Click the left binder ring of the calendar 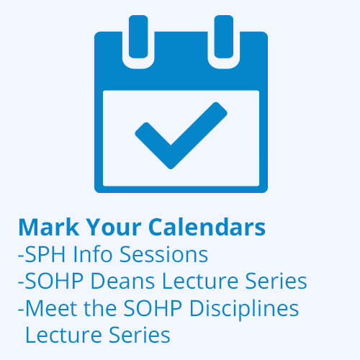tap(138, 37)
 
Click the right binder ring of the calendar tap(224, 37)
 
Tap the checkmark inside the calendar tap(181, 135)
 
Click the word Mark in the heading tap(49, 227)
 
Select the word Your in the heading tap(114, 228)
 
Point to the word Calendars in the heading tap(207, 227)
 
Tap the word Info tap(93, 254)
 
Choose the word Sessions tap(163, 254)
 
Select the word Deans tap(122, 281)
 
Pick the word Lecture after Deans tap(200, 281)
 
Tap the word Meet tap(51, 308)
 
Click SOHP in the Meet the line tap(153, 308)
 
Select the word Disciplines tap(244, 309)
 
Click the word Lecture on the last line tap(63, 335)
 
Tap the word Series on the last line tap(140, 335)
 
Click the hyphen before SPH tap(21, 256)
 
